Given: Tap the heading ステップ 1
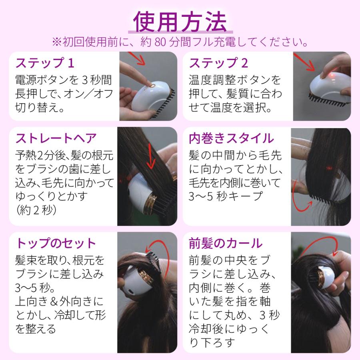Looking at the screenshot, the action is click(x=45, y=63).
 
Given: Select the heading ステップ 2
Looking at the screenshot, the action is click(x=218, y=63).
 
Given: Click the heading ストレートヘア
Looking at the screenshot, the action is click(x=56, y=138).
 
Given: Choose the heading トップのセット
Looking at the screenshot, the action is click(x=56, y=243).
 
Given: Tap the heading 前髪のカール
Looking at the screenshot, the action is click(x=226, y=243).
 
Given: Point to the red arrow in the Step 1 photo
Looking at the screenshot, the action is click(x=137, y=58).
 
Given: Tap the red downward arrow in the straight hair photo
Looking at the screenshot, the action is click(x=151, y=156).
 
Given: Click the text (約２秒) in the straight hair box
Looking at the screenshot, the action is click(x=36, y=210).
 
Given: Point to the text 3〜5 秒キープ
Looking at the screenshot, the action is click(x=226, y=196).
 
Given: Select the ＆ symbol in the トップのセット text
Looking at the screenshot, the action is click(x=54, y=302).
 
